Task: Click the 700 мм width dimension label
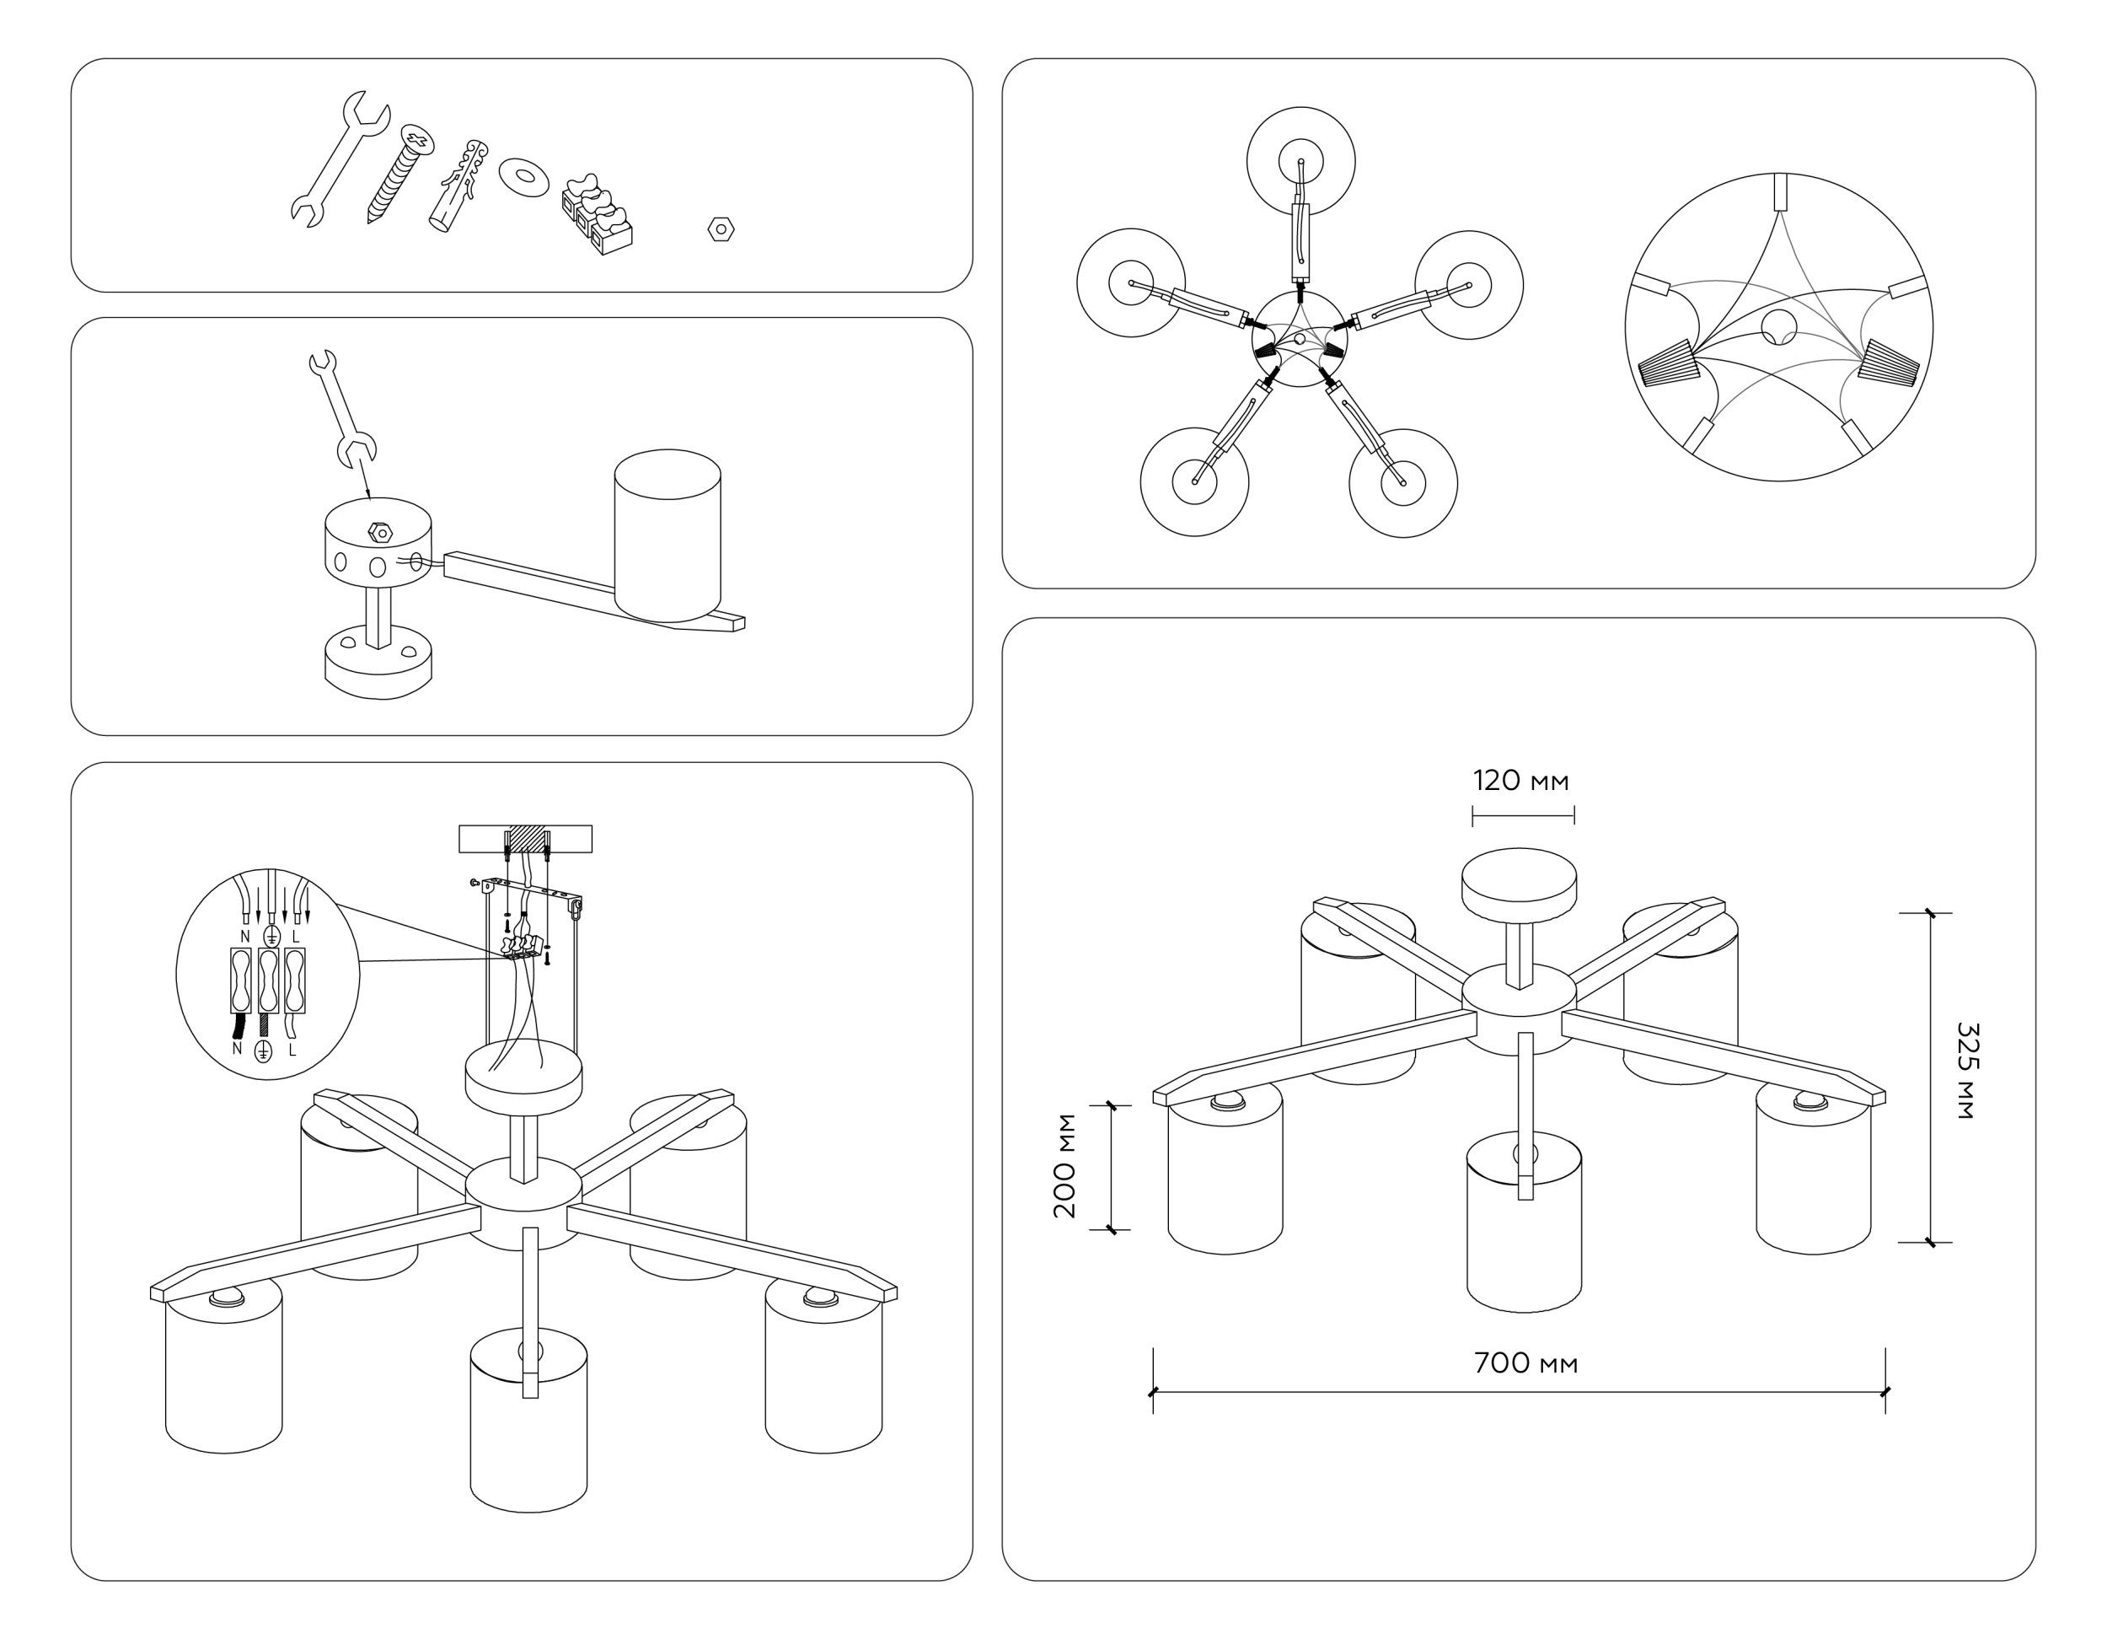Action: coord(1525,1363)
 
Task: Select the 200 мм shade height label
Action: coord(1065,1166)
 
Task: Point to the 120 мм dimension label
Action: coord(1520,780)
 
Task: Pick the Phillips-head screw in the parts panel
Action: coord(399,174)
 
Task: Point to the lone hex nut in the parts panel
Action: coord(721,229)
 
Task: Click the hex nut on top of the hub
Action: coord(381,532)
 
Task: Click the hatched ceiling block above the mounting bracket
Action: coord(527,838)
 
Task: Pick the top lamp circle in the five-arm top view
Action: coord(1300,160)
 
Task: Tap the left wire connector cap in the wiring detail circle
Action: coord(1667,366)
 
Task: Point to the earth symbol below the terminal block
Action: coord(262,1051)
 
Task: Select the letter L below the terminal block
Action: coord(292,1049)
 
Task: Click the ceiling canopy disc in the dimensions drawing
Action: coord(1519,882)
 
